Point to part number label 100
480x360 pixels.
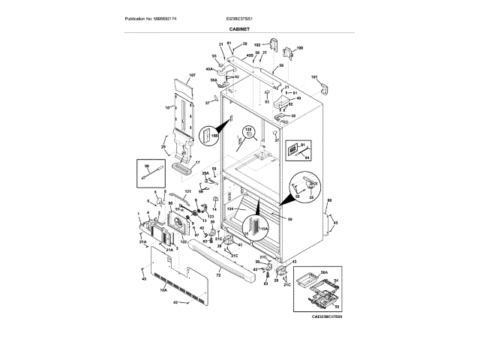point(300,48)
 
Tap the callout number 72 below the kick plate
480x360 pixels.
point(218,277)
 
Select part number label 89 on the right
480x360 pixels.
point(329,200)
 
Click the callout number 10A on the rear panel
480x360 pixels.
point(163,288)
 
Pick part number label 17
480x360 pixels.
point(198,162)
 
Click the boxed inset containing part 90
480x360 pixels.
point(150,173)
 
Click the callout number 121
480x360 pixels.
point(189,193)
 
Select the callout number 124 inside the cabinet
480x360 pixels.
point(231,209)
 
